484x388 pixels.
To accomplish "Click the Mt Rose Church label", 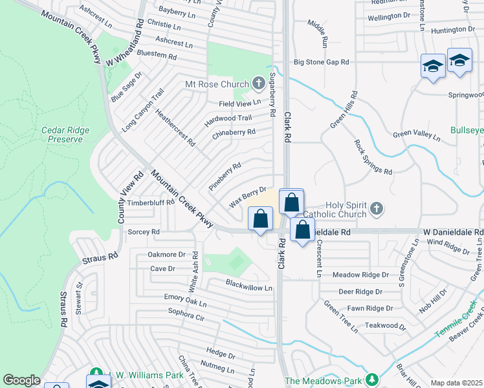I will pyautogui.click(x=217, y=84).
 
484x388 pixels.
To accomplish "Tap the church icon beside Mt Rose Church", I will pyautogui.click(x=258, y=83).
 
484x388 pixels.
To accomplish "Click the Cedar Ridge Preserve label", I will pyautogui.click(x=65, y=135).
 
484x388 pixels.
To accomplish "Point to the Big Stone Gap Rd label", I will pyautogui.click(x=322, y=62).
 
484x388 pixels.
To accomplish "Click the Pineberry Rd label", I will pyautogui.click(x=225, y=176).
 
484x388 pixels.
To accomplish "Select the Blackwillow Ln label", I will pyautogui.click(x=250, y=284).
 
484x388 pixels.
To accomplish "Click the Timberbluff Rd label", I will pyautogui.click(x=151, y=202).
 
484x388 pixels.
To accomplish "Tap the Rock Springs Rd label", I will pyautogui.click(x=373, y=158).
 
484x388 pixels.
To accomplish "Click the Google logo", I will pyautogui.click(x=21, y=380).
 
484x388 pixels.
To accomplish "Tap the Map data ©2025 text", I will pyautogui.click(x=456, y=383).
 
